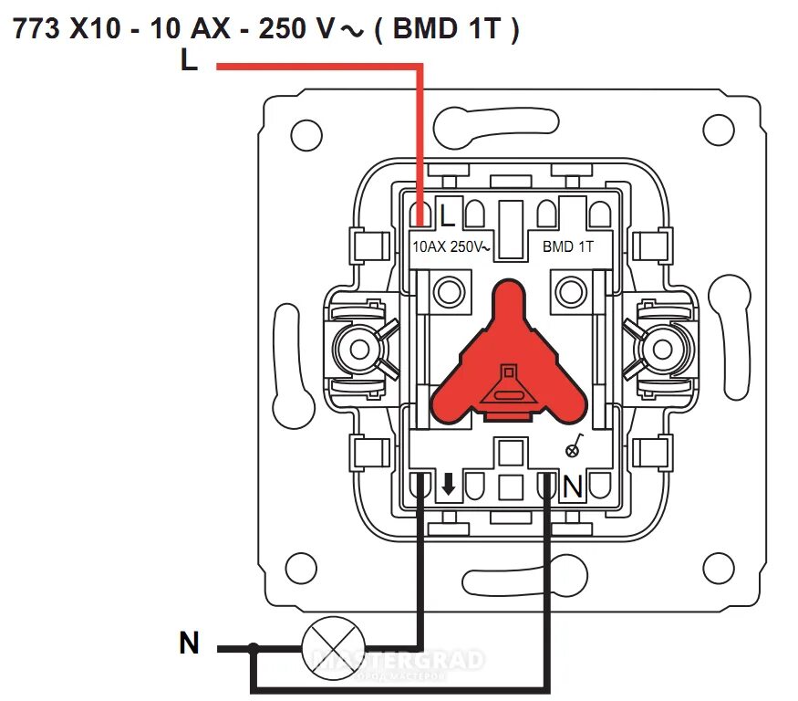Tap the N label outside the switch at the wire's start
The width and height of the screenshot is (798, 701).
(189, 643)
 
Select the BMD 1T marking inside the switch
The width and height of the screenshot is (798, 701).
(568, 246)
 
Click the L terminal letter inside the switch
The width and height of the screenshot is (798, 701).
(447, 216)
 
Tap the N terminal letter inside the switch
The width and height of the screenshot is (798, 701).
(572, 488)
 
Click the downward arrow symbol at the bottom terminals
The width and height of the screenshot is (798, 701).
(448, 486)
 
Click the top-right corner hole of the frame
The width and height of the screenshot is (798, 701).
(720, 131)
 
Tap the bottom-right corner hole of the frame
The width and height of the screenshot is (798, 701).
(720, 568)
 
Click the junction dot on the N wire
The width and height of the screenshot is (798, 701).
(254, 648)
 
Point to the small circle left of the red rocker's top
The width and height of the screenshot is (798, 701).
(448, 293)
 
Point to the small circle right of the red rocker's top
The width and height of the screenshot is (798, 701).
(570, 293)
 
